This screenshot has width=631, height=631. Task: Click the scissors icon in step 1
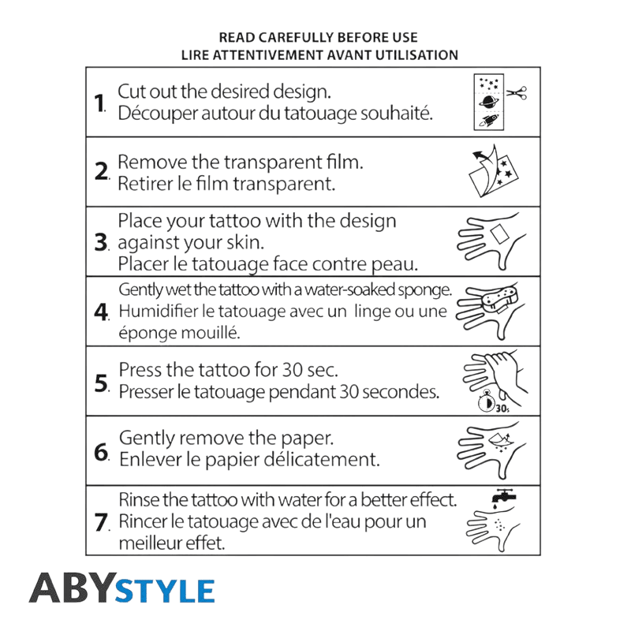[517, 93]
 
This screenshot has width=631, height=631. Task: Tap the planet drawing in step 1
[489, 102]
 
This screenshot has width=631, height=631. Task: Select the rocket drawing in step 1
[489, 120]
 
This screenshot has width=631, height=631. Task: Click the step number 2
[102, 171]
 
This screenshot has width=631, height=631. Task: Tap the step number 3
[101, 242]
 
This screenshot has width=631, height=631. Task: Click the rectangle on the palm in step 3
[499, 233]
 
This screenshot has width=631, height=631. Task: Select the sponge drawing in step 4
[500, 298]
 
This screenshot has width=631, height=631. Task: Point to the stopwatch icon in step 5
[486, 401]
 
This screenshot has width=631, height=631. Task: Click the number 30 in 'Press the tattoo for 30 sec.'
[292, 369]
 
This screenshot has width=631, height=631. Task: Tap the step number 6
[102, 452]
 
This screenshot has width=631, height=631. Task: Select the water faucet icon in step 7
[503, 496]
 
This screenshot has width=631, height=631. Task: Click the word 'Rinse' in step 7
[140, 499]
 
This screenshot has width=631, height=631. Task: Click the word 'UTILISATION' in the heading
[416, 54]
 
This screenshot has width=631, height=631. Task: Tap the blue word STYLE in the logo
[165, 591]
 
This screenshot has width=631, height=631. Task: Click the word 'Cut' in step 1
[131, 91]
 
